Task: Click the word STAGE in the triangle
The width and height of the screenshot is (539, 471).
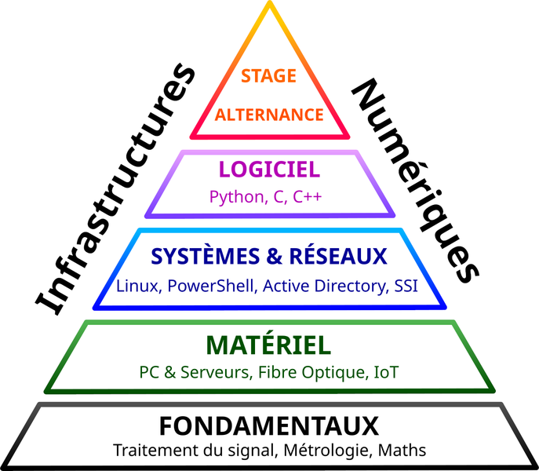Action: (x=269, y=76)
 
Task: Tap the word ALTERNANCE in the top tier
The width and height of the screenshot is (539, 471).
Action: (x=269, y=115)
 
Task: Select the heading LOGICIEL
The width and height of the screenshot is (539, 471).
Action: (x=269, y=169)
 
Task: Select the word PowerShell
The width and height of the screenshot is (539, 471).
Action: (x=213, y=286)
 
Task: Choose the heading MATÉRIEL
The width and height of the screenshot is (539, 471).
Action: (x=268, y=345)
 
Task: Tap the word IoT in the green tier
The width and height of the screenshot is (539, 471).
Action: (x=384, y=372)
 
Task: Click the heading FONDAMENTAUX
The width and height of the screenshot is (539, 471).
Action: (x=269, y=426)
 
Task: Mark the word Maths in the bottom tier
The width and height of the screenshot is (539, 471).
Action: (x=402, y=451)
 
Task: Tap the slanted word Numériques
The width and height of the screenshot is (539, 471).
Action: (x=417, y=181)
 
